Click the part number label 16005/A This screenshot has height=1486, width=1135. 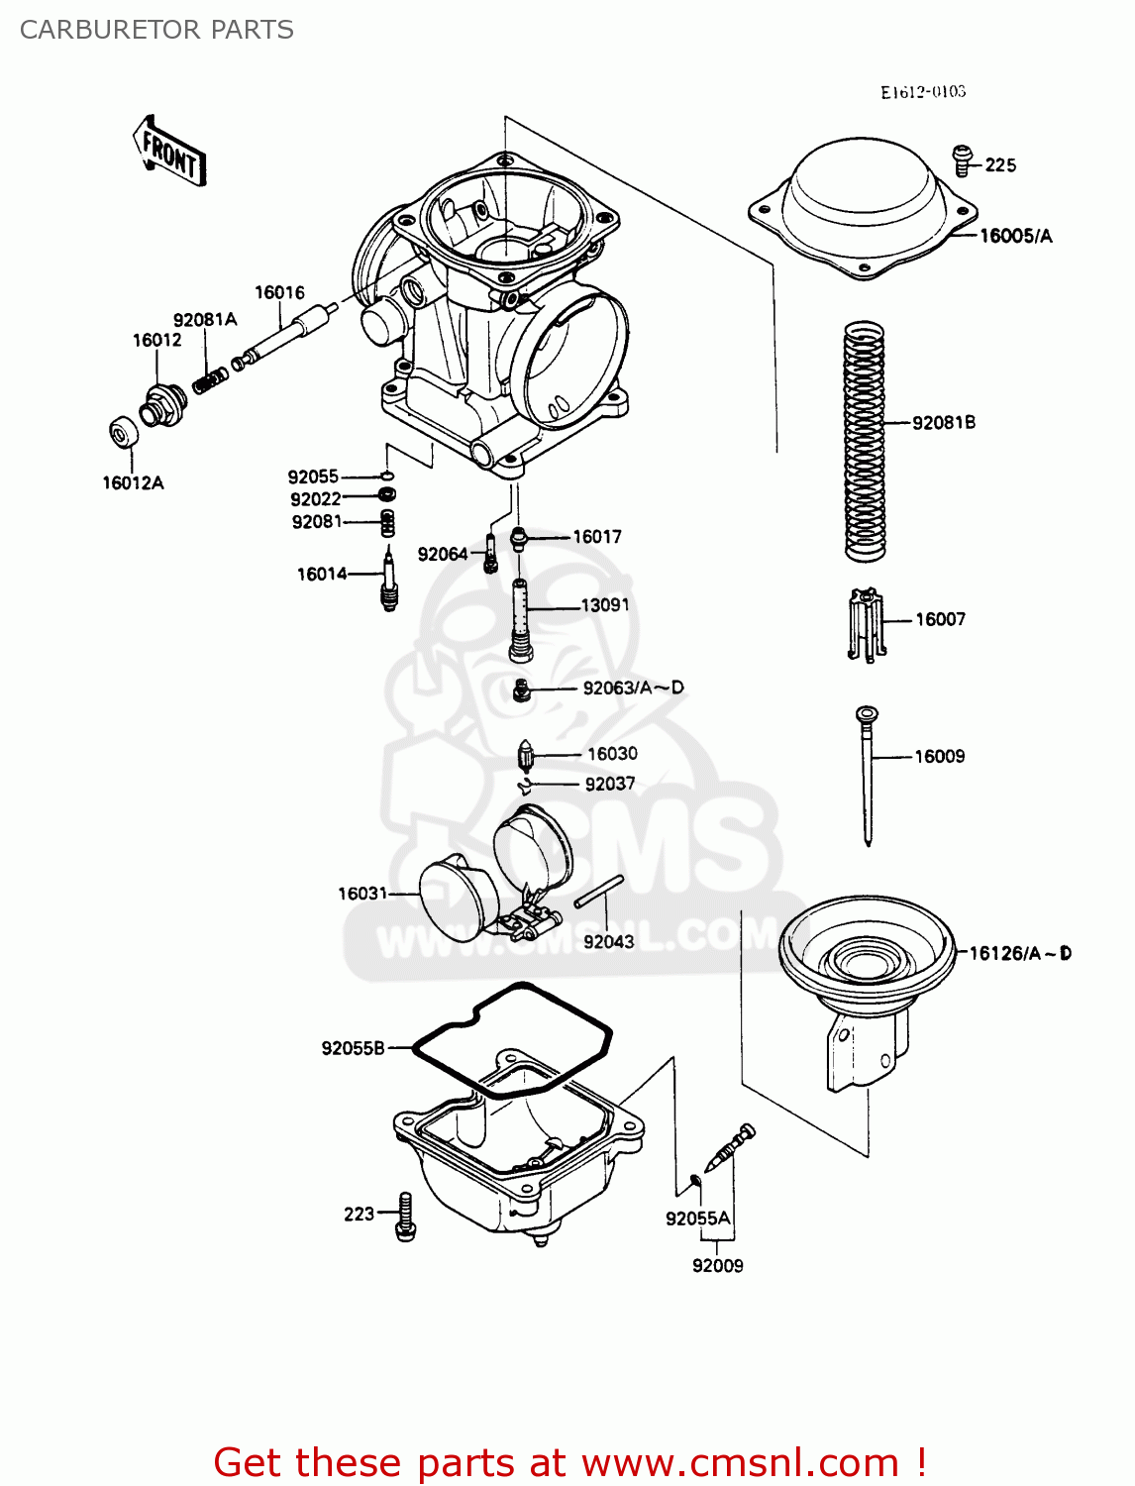pos(1015,236)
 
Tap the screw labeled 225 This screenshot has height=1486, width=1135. pos(962,159)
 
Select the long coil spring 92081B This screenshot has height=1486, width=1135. pos(864,441)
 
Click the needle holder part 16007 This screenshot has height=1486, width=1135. pos(865,624)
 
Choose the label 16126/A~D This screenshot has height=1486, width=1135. pos(1019,953)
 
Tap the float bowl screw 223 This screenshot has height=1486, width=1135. pos(405,1216)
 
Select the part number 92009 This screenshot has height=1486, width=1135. pos(717,1265)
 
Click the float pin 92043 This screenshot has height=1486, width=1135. pos(599,891)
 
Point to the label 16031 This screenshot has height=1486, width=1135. pos(362,894)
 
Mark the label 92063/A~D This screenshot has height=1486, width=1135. pos(633,688)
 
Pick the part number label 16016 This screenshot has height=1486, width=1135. pos(279,292)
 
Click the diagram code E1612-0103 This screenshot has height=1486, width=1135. pos(922,92)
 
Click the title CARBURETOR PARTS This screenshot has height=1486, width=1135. pos(156,30)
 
